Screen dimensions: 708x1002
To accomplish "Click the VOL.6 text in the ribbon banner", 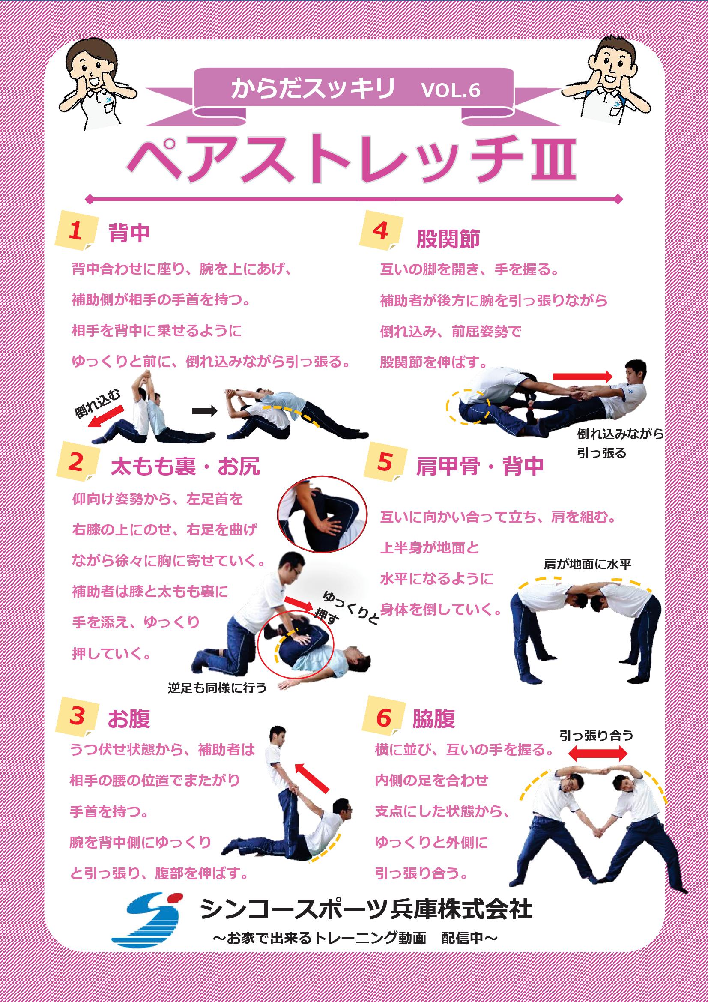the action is click(451, 90).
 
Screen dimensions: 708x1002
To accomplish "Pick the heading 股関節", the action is click(448, 239).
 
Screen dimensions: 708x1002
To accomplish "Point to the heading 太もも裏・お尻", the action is click(185, 466).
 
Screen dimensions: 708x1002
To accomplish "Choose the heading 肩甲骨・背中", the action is click(480, 466).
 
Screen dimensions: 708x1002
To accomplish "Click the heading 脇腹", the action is click(433, 718).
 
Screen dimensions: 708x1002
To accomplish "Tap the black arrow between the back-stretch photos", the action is click(205, 411).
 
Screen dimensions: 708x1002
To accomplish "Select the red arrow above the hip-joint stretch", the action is click(583, 377).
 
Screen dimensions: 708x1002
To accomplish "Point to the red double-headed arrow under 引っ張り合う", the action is click(597, 753).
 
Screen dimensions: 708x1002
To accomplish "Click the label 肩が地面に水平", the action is click(588, 564).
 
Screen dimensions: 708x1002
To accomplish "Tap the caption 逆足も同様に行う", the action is click(217, 688).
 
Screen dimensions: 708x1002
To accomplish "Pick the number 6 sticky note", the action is click(383, 718).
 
